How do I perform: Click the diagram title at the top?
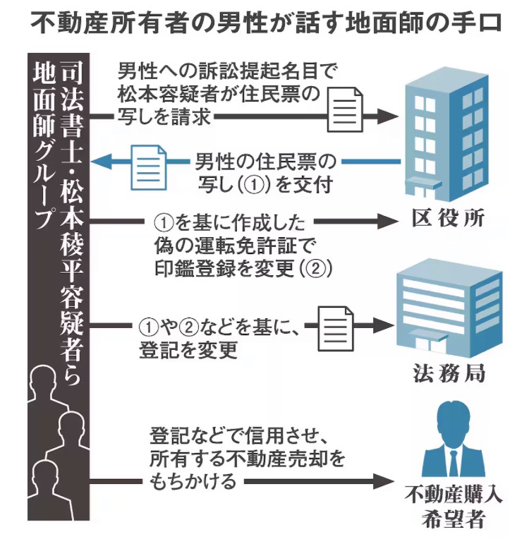pyautogui.click(x=264, y=21)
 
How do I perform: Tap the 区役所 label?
pyautogui.click(x=449, y=218)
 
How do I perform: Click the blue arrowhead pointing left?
pyautogui.click(x=104, y=162)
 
